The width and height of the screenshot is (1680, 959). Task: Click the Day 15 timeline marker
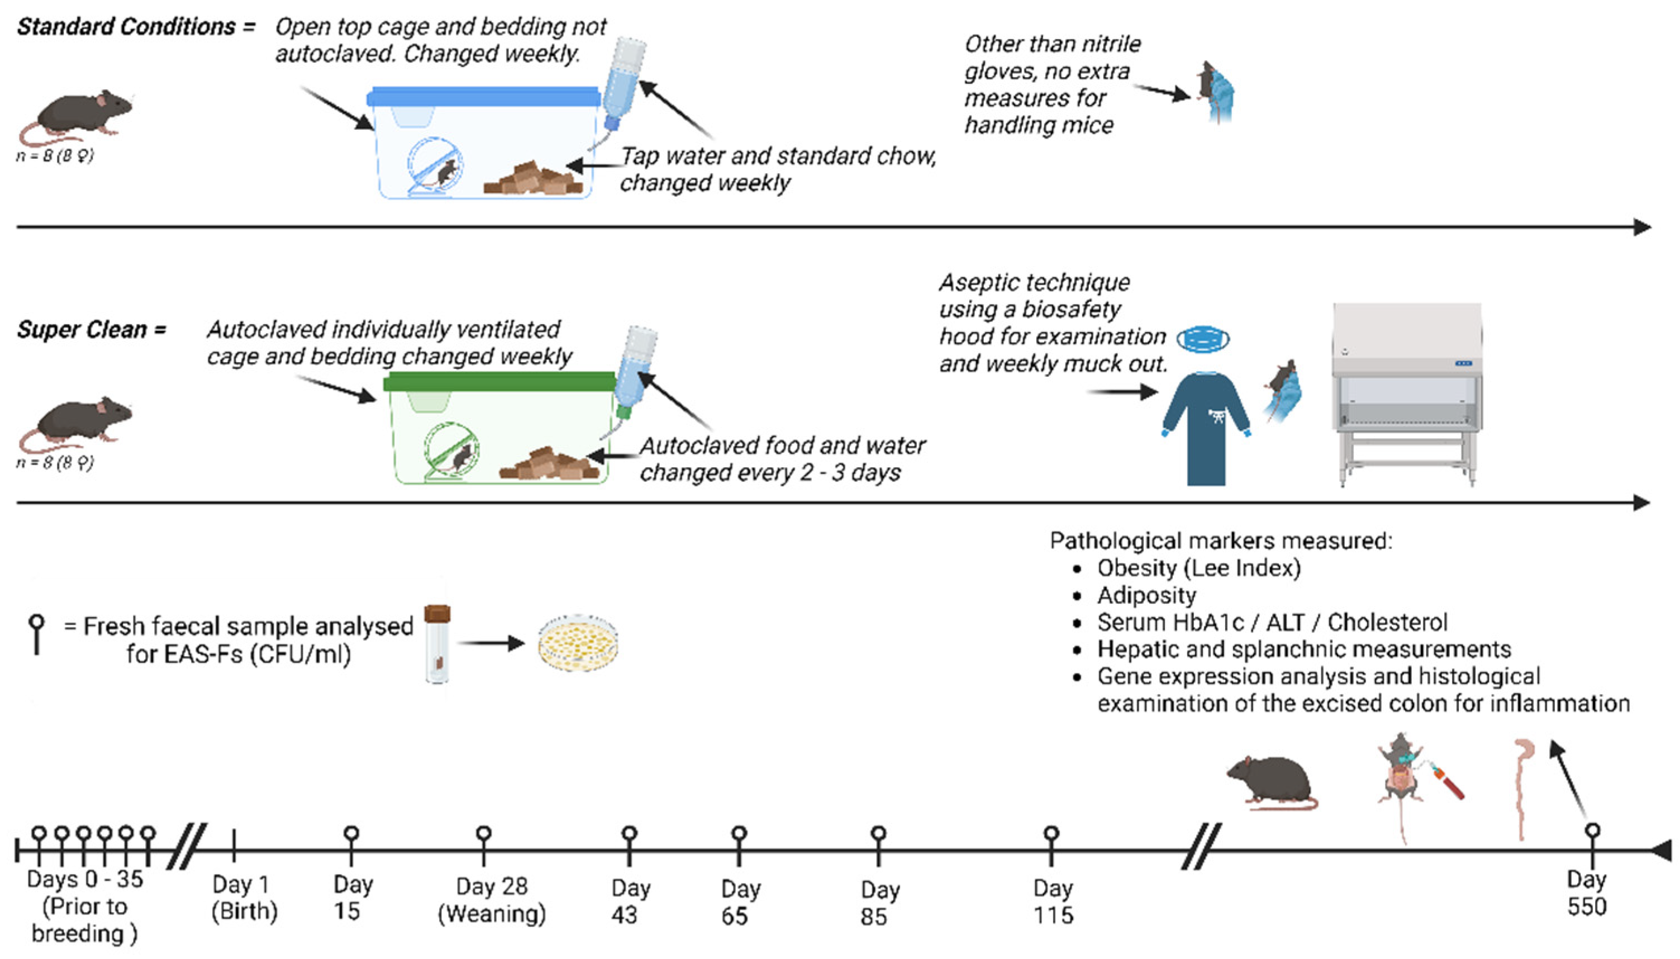(351, 834)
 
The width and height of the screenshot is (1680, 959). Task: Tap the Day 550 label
(1587, 892)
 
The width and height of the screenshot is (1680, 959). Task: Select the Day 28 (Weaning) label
(492, 900)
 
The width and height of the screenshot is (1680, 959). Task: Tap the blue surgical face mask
(1203, 339)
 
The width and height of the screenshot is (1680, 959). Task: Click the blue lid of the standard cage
(484, 97)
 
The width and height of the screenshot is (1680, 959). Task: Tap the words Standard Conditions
(126, 27)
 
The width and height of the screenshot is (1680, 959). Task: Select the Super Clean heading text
(82, 329)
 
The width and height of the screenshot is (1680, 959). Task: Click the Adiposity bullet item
(1146, 595)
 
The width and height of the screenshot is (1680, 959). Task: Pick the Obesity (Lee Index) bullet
(1198, 568)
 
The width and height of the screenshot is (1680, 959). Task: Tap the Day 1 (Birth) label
(244, 898)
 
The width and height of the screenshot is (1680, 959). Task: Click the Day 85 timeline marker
(878, 834)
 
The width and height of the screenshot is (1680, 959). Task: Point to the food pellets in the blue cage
(533, 179)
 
